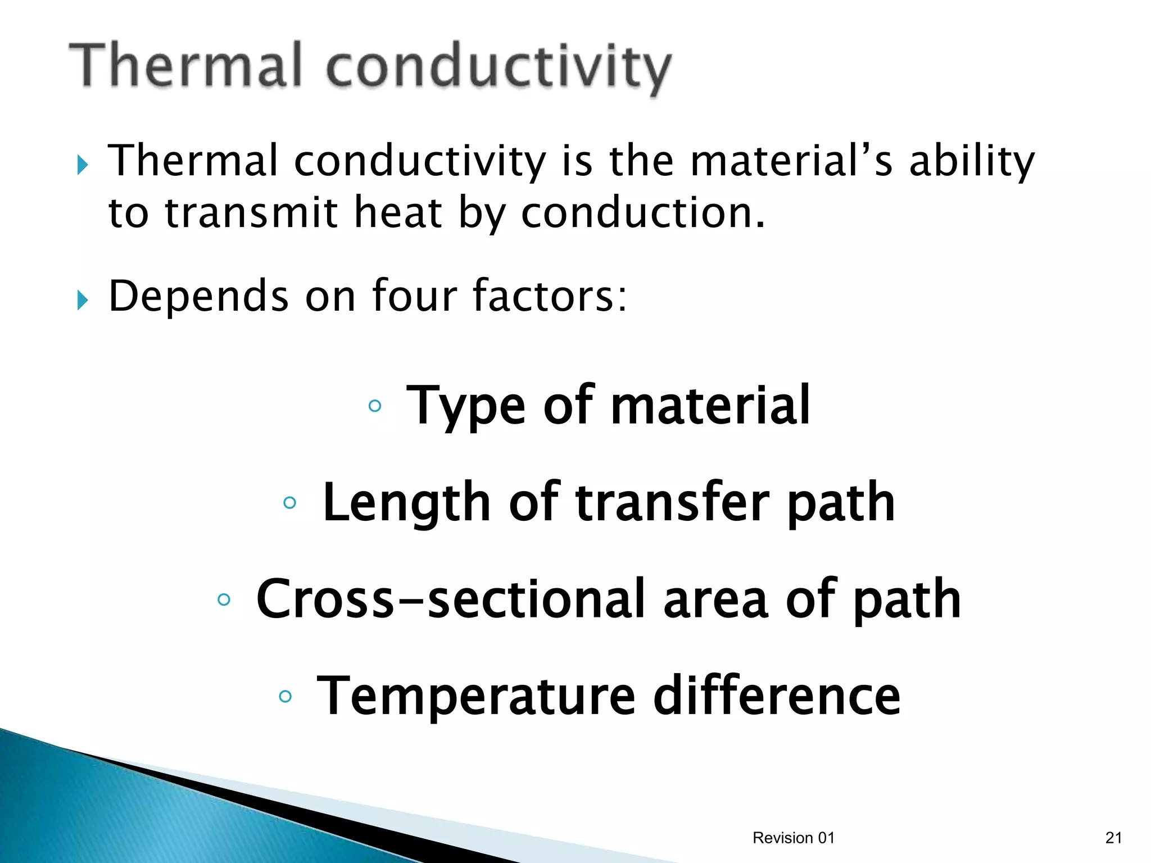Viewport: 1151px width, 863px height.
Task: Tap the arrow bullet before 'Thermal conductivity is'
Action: tap(83, 165)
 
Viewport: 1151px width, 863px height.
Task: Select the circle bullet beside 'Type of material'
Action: tap(375, 406)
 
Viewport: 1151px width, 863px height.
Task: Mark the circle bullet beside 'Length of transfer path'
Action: tap(289, 502)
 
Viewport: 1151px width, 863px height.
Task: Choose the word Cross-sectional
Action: tap(450, 599)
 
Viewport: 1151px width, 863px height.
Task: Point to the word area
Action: tap(715, 600)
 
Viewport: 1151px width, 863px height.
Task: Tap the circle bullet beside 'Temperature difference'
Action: tap(286, 697)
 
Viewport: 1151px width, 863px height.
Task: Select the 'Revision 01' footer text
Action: tap(793, 838)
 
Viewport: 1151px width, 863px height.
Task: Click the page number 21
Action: tap(1113, 838)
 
